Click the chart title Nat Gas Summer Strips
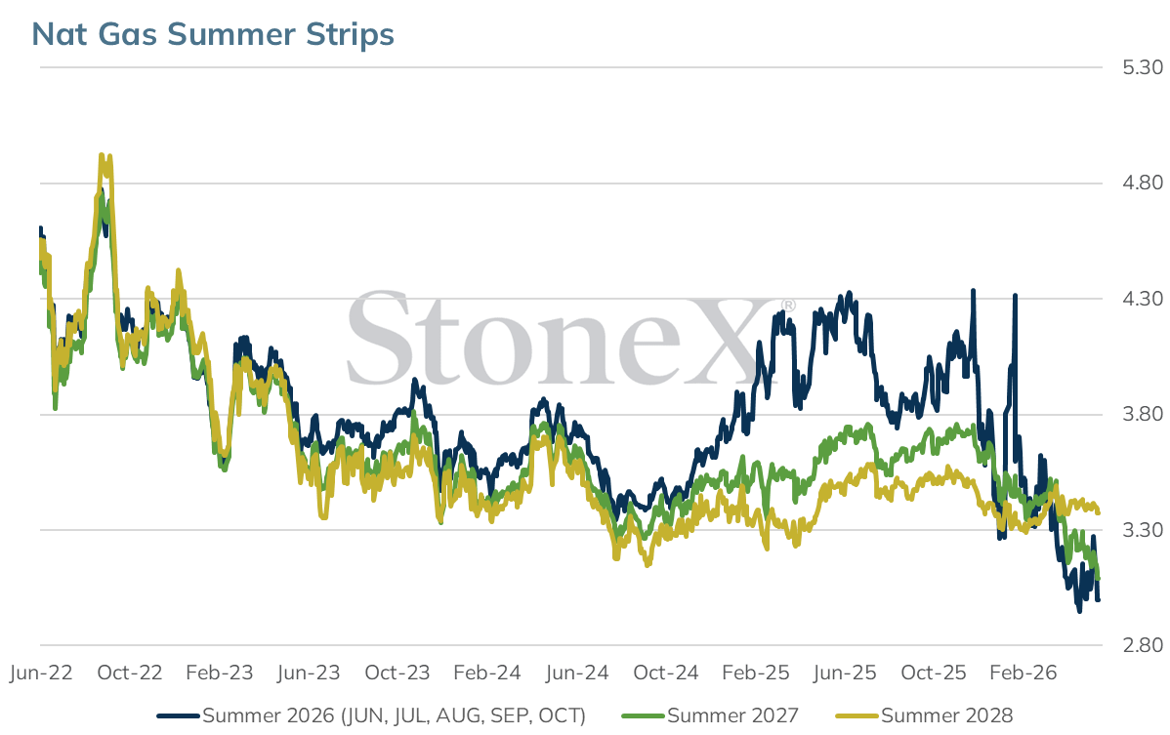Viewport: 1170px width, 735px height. point(213,34)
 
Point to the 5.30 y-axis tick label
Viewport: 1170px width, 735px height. point(1143,67)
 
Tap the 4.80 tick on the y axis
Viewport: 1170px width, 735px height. point(1143,183)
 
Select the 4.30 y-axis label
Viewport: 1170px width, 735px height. point(1143,298)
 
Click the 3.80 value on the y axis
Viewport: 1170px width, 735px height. point(1143,414)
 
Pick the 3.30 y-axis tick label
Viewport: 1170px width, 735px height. point(1143,530)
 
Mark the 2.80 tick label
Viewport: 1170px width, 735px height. point(1143,645)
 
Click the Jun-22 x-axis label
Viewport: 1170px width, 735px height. point(41,673)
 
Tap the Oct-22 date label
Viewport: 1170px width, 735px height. point(130,673)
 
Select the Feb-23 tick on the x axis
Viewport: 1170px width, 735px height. point(220,673)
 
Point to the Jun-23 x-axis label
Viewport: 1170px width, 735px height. point(309,673)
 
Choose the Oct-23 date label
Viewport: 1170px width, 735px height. point(397,673)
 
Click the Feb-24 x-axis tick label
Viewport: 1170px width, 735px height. point(487,673)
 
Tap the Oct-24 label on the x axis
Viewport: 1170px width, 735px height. point(666,673)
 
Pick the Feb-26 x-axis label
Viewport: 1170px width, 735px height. point(1023,673)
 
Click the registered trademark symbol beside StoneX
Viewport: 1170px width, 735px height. point(788,306)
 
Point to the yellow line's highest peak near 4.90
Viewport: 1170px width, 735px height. point(102,155)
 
